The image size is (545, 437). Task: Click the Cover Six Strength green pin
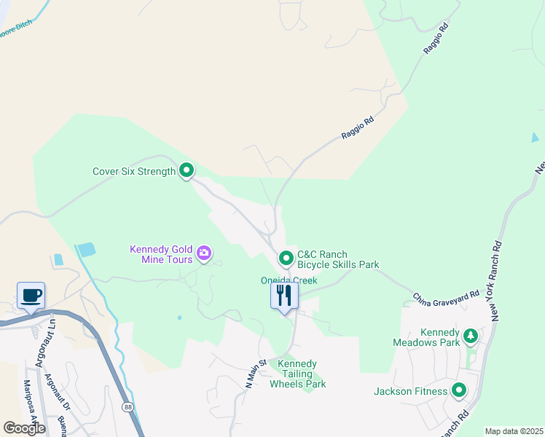[x=187, y=170]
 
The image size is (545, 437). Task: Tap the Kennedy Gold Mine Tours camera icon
[x=204, y=254]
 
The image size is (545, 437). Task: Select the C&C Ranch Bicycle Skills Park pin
[x=286, y=258]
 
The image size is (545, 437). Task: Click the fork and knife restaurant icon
[x=284, y=295]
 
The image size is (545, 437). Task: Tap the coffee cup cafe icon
[x=31, y=296]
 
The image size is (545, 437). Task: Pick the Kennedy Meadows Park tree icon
[x=471, y=335]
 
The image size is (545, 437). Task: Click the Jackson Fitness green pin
[x=459, y=391]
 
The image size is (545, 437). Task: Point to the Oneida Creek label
[x=289, y=280]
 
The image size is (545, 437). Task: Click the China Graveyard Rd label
[x=446, y=298]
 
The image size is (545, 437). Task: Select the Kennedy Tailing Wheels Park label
[x=297, y=374]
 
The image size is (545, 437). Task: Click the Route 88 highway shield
[x=128, y=407]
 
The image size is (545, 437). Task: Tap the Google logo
[x=24, y=428]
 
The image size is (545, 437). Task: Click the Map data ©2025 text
[x=514, y=431]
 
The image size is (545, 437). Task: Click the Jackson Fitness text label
[x=410, y=391]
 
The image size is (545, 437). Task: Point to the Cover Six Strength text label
[x=134, y=172]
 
